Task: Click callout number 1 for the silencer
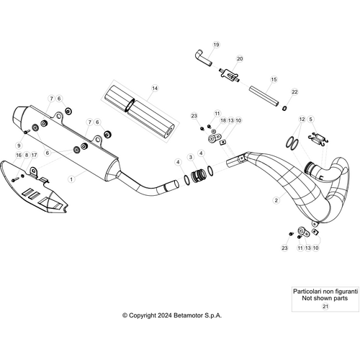click(x=71, y=177)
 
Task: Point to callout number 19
click(x=214, y=45)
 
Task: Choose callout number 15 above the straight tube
click(x=274, y=79)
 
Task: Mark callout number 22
click(x=294, y=92)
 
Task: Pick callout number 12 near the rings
click(x=302, y=119)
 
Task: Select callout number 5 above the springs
click(x=312, y=119)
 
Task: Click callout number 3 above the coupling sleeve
click(x=190, y=156)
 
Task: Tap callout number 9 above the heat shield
click(x=19, y=146)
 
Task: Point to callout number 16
click(x=19, y=155)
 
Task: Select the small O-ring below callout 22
click(x=287, y=108)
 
